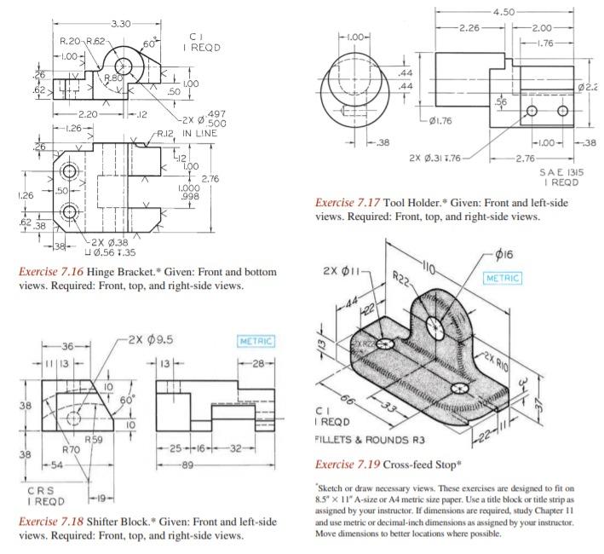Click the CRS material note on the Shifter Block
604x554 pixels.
32,493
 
